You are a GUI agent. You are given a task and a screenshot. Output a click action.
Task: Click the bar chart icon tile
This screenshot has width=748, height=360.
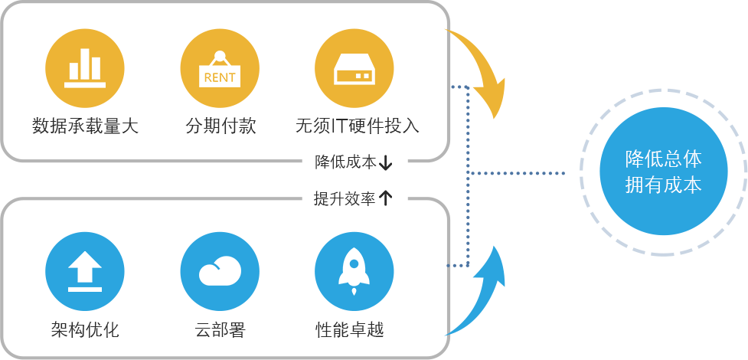pos(84,67)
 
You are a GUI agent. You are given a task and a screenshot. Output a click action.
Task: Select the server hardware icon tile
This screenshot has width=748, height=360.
pos(354,67)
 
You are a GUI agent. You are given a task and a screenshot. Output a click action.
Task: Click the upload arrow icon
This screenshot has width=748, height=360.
pos(84,271)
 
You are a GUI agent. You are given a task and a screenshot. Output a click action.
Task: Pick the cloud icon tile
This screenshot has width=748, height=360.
pos(219,271)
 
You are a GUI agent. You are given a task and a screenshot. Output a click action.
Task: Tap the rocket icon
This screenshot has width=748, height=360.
pos(354,271)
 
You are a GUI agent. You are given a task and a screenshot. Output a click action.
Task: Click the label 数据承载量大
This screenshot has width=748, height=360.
pos(85,126)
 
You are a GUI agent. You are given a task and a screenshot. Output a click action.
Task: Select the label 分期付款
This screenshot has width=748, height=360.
pos(220,126)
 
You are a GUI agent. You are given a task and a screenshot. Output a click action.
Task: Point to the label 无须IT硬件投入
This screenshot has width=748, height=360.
pos(357,126)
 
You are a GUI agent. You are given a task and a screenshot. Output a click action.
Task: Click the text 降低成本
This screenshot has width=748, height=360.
pos(346,162)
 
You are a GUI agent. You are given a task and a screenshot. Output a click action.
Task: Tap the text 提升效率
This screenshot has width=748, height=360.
pos(346,198)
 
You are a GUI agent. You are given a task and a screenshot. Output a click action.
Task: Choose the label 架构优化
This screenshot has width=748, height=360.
pos(85,330)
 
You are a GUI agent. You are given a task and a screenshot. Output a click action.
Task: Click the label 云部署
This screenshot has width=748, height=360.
pos(220,330)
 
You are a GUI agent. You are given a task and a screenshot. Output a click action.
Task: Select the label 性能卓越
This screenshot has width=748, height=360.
pos(350,330)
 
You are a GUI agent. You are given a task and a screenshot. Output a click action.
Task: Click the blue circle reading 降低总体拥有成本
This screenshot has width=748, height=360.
pos(663,172)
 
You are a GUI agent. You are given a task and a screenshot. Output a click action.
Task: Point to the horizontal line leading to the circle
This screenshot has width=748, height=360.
pos(518,173)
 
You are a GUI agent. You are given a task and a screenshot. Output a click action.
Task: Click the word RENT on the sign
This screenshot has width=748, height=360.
pos(220,77)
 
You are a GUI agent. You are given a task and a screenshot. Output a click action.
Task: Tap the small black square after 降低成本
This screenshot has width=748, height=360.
pos(386,162)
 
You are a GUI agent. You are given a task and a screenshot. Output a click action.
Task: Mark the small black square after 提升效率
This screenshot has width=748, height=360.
pos(386,198)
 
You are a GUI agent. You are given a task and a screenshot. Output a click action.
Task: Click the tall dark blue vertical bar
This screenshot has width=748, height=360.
pos(458,176)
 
